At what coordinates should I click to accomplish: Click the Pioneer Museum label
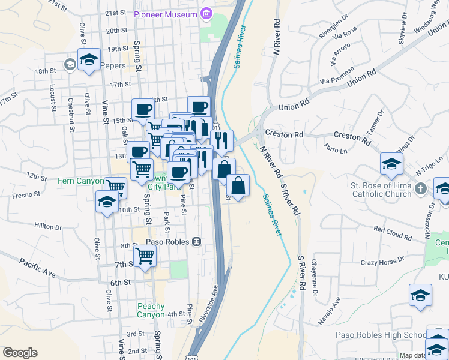(x=166, y=14)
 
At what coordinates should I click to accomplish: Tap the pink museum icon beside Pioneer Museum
(x=206, y=13)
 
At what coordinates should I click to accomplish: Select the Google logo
(x=20, y=353)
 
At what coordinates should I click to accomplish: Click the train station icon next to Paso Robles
(x=196, y=242)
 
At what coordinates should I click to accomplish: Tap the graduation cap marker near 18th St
(x=89, y=61)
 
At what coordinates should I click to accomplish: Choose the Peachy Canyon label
(x=150, y=310)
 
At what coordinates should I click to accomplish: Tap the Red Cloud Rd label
(x=393, y=233)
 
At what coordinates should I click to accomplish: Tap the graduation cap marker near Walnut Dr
(x=391, y=163)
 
